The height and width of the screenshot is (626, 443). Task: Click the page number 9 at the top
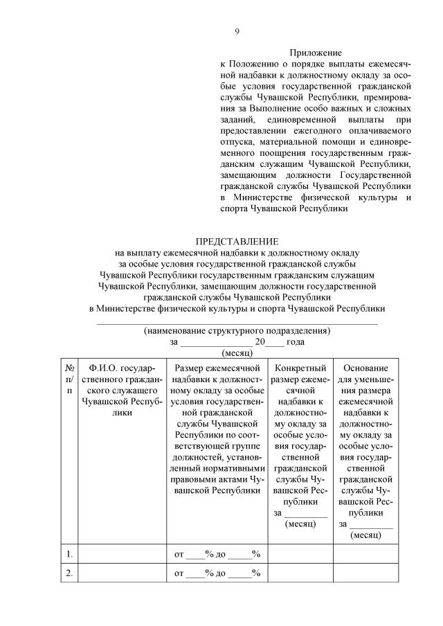pos(237,30)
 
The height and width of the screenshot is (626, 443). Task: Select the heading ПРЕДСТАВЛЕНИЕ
pos(237,241)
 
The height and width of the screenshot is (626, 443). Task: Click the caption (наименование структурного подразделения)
pos(237,331)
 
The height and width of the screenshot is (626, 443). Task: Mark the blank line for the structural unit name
pos(237,322)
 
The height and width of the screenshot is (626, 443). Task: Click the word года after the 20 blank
pos(296,342)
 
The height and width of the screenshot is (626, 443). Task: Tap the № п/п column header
pos(69,379)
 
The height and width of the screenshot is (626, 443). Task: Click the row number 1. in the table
pos(69,553)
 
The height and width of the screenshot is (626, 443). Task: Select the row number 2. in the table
pos(69,573)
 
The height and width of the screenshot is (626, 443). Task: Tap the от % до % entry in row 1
pos(217,553)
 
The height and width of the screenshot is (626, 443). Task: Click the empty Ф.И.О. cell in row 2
pos(121,573)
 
